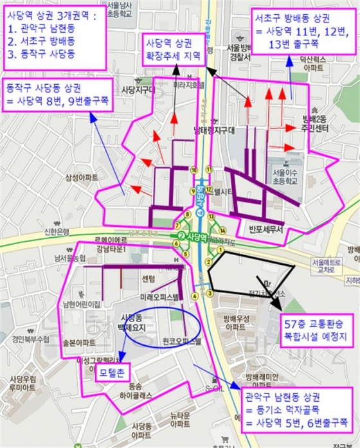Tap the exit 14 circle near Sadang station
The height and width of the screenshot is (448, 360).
[x=222, y=229]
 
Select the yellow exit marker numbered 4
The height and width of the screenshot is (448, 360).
[x=194, y=296]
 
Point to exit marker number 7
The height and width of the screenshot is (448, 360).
[x=177, y=226]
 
